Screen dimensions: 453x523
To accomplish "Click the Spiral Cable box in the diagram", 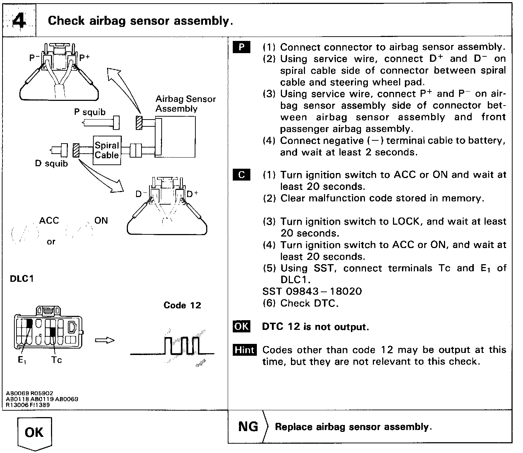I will [107, 150].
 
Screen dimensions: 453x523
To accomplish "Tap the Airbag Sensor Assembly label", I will [185, 104].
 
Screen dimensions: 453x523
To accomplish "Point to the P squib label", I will [90, 112].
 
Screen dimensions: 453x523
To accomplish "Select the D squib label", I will [51, 164].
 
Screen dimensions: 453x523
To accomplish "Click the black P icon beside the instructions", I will [242, 47].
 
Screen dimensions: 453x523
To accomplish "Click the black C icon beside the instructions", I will [242, 175].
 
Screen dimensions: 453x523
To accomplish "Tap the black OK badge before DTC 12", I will [241, 327].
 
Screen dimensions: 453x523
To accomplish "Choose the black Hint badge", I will [245, 350].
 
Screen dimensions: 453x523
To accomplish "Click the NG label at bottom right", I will [248, 426].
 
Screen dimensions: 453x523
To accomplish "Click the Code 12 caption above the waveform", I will [182, 305].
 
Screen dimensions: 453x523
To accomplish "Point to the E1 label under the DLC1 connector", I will [22, 360].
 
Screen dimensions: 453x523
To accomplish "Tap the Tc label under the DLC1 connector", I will [56, 360].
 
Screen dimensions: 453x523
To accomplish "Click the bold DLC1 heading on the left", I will [22, 279].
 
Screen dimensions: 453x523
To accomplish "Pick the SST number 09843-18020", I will [312, 291].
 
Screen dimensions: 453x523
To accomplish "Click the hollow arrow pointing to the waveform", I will [105, 340].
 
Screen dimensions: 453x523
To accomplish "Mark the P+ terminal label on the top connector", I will [84, 58].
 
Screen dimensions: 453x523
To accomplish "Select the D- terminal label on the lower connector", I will [141, 194].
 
